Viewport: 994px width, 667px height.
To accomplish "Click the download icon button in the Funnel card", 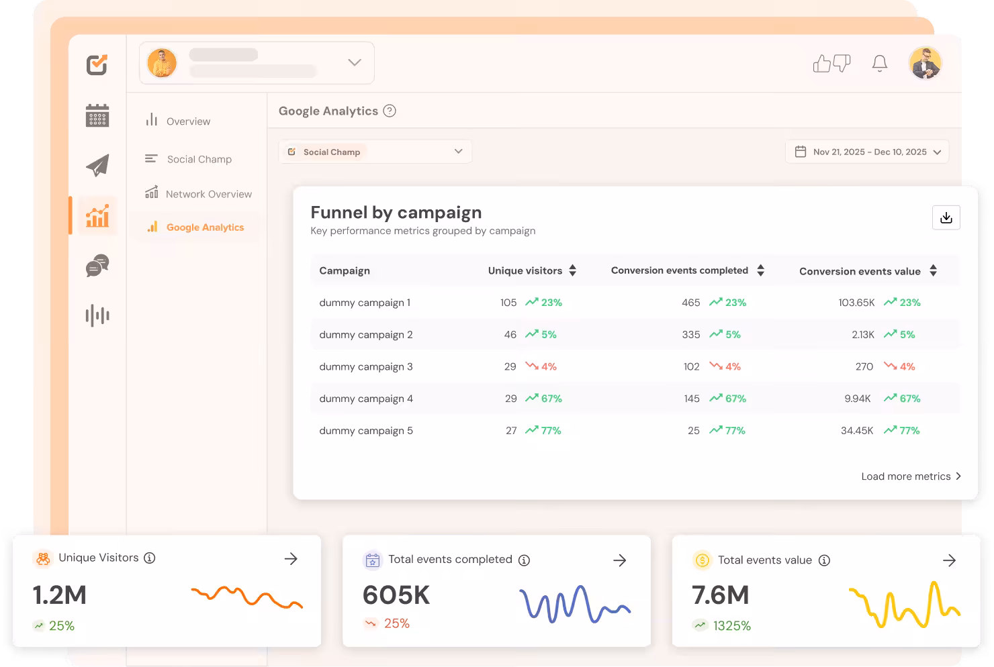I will (946, 217).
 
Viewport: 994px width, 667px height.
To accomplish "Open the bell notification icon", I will (879, 64).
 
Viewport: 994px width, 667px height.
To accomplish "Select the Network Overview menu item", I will (208, 194).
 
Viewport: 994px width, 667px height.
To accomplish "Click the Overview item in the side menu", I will (188, 121).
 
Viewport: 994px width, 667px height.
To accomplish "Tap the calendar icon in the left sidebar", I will (97, 115).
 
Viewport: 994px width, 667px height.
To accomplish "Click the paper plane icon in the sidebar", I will (97, 165).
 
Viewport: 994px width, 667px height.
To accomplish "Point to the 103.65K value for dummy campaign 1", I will (856, 303).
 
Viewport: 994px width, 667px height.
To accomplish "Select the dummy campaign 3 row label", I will (366, 366).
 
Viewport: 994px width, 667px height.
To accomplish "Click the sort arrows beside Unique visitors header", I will (572, 270).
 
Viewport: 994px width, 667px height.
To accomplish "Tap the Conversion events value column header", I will (860, 271).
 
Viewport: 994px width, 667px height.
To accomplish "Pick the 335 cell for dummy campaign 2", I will (691, 334).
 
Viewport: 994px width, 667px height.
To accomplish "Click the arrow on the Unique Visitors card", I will (291, 559).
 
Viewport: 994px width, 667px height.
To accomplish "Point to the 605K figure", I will (396, 595).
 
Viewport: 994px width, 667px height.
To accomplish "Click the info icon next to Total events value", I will (824, 560).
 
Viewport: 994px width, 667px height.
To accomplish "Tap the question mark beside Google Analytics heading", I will (390, 111).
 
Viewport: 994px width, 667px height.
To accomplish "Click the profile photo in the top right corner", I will (925, 64).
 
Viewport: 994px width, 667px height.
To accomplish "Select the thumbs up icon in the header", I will (822, 64).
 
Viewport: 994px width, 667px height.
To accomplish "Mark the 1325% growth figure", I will (731, 625).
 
